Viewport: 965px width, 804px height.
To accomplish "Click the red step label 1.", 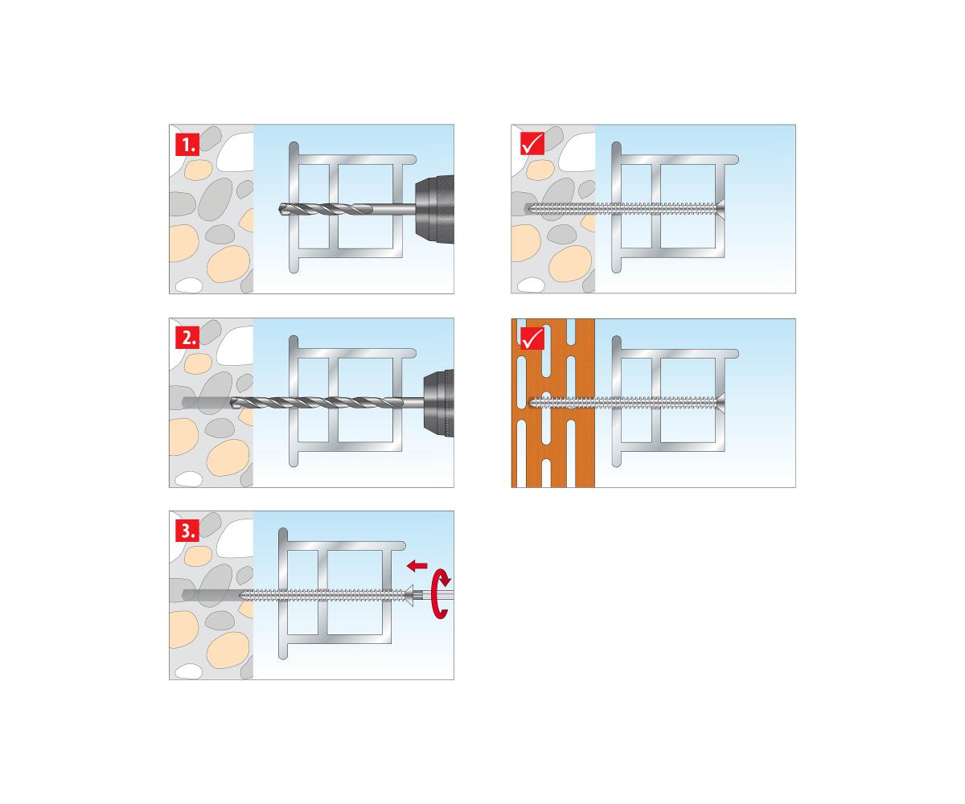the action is pyautogui.click(x=187, y=144).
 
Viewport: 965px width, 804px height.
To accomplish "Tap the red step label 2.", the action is pyautogui.click(x=187, y=338).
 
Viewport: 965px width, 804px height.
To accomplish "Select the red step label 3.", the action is pyautogui.click(x=187, y=531).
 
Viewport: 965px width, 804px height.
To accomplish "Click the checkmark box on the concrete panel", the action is pyautogui.click(x=532, y=143).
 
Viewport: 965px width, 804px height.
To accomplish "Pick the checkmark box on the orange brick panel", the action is pyautogui.click(x=532, y=338).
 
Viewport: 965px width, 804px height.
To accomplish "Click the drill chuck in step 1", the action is pyautogui.click(x=435, y=209).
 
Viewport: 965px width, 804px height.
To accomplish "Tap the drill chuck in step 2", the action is pyautogui.click(x=439, y=403).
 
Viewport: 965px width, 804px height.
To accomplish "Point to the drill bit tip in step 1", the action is pyautogui.click(x=280, y=209).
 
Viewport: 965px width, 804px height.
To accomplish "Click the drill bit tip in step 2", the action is pyautogui.click(x=232, y=403).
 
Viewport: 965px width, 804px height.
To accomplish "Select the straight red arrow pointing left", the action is pyautogui.click(x=417, y=565).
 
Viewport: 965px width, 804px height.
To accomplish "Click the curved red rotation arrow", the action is pyautogui.click(x=440, y=594).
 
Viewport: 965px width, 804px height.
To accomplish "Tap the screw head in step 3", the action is pyautogui.click(x=409, y=595).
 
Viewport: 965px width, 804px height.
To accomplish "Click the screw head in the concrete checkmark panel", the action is pyautogui.click(x=719, y=209).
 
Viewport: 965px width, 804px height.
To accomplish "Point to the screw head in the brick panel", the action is pyautogui.click(x=719, y=403).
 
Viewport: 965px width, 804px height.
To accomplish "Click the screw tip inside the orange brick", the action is pyautogui.click(x=531, y=403).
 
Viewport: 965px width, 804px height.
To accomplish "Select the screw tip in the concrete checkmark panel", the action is pyautogui.click(x=531, y=209).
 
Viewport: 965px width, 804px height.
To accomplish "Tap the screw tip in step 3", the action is pyautogui.click(x=242, y=595).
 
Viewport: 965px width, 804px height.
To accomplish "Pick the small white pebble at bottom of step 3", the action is pyautogui.click(x=188, y=671).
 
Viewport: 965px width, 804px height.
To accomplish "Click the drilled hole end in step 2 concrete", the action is pyautogui.click(x=184, y=403).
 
